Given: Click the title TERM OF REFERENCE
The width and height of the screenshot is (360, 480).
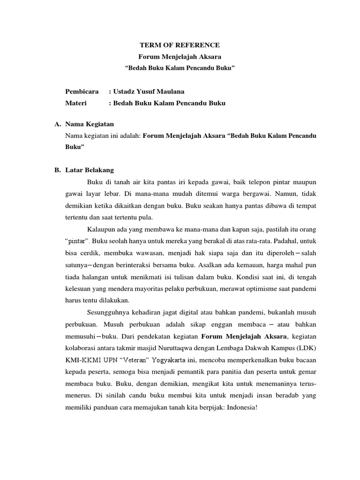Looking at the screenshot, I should point(180,45).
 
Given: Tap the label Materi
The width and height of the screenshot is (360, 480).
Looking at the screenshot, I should point(77,103).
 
